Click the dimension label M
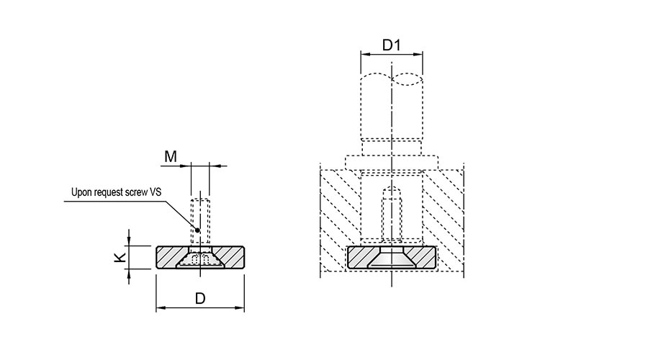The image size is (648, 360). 170,157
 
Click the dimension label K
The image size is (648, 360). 120,258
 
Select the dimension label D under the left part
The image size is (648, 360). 200,298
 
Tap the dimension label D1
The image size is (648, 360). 392,45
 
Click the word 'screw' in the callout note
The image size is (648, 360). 139,193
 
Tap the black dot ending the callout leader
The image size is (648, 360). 197,230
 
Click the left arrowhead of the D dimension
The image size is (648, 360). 161,307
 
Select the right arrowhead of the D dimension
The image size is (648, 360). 240,307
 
